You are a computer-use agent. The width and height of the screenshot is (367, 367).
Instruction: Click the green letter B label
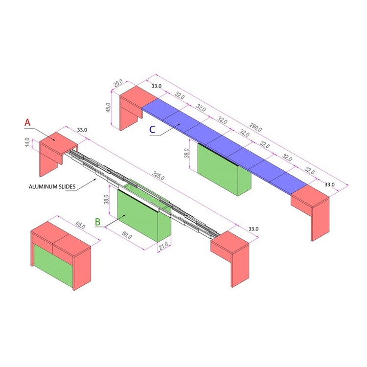coord(98,222)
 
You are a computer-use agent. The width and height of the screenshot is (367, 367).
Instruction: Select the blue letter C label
coord(153,130)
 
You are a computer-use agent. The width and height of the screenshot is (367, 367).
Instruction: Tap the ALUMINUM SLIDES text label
coord(51,186)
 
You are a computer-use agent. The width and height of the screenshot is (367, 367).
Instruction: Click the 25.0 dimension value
coord(117,83)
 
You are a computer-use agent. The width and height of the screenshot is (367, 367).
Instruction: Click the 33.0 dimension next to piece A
coord(82,130)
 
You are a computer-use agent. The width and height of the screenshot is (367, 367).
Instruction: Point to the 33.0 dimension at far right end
coord(329,184)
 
